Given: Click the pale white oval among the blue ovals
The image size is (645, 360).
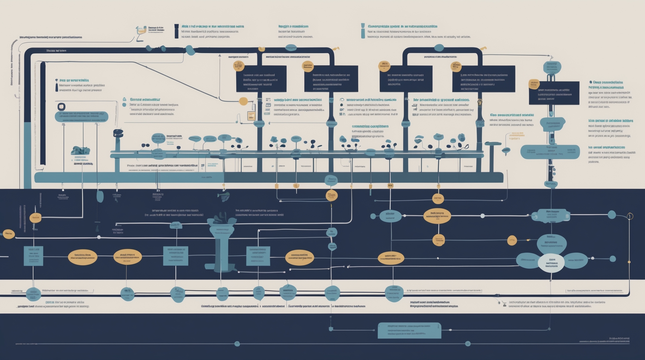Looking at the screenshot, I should click(x=551, y=263).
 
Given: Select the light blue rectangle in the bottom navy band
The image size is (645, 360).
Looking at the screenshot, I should click(x=409, y=330).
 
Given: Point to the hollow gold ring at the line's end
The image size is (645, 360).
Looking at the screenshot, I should click(x=630, y=216).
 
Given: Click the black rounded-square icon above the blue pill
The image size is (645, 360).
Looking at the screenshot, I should click(x=62, y=107).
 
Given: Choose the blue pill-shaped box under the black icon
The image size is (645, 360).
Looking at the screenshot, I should click(x=82, y=117).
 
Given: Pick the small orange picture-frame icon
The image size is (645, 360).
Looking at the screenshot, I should click(x=251, y=116).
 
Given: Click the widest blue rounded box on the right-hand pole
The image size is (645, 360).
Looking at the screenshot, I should click(x=550, y=152).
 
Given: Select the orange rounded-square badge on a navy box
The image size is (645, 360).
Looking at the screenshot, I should click(x=534, y=84).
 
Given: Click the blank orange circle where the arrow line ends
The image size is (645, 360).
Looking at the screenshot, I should click(x=243, y=101).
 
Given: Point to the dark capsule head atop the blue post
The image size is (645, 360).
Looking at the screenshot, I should click(x=118, y=133).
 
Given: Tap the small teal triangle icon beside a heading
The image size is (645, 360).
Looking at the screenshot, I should click(x=124, y=99).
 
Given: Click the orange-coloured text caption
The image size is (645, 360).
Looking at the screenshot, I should click(x=516, y=136).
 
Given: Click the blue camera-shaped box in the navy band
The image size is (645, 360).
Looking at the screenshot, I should click(x=551, y=216).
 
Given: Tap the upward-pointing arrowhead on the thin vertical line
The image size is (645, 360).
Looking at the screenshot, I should click(x=220, y=56).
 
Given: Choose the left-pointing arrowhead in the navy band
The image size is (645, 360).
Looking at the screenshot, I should click(x=348, y=267).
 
